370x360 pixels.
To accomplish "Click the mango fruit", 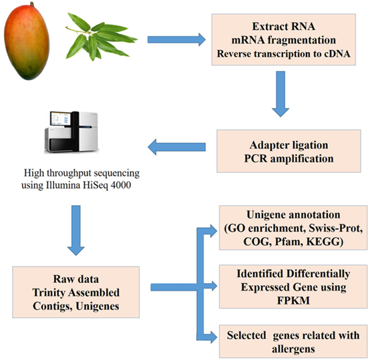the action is pos(27,41).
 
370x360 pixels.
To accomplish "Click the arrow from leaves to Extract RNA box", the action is pos(176,39).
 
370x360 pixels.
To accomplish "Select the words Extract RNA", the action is pos(284,26).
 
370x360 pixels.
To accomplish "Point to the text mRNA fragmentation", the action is pos(284,40).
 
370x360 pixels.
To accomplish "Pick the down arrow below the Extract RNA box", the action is pos(281,94).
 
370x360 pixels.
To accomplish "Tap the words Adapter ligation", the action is pos(289,145).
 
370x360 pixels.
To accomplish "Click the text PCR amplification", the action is pos(289,158).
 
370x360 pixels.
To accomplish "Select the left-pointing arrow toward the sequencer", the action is pos(176,147).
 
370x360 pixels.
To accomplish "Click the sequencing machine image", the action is pos(71,132).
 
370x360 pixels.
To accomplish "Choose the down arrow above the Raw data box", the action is pos(75,230).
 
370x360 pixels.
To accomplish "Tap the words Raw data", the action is pos(75,279).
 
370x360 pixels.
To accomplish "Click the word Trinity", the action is pos(49,293).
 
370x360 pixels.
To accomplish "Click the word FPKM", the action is pos(293,301).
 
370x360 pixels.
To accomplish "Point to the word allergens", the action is pos(293,349).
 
